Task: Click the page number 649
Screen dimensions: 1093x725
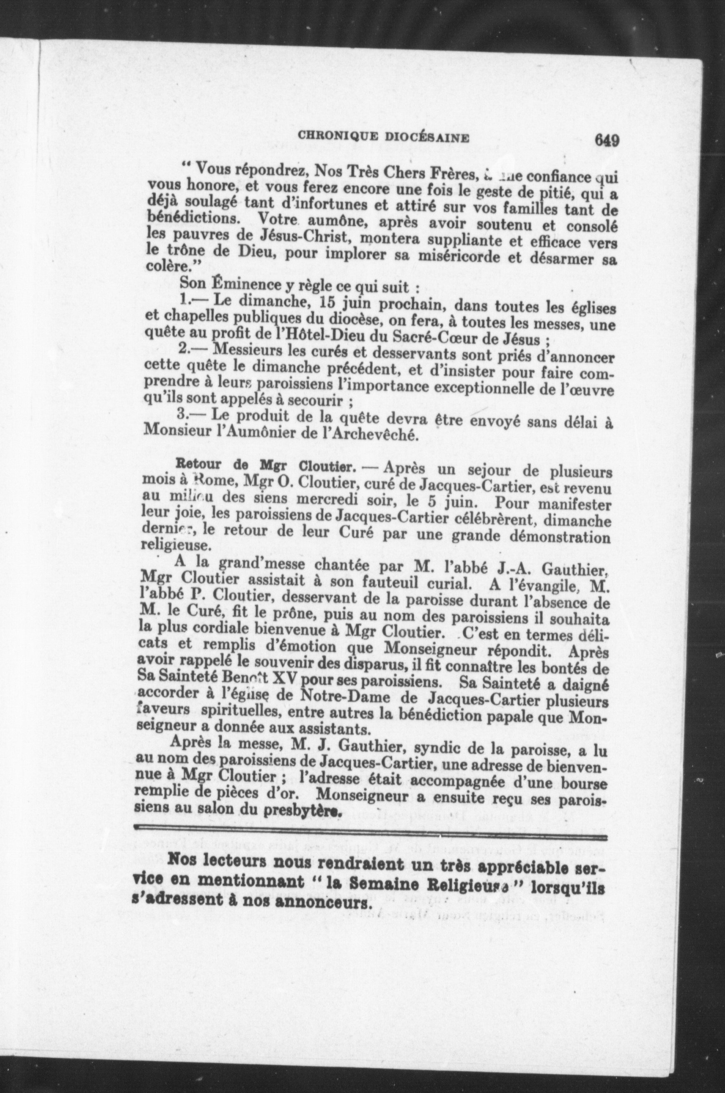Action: pos(607,140)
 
